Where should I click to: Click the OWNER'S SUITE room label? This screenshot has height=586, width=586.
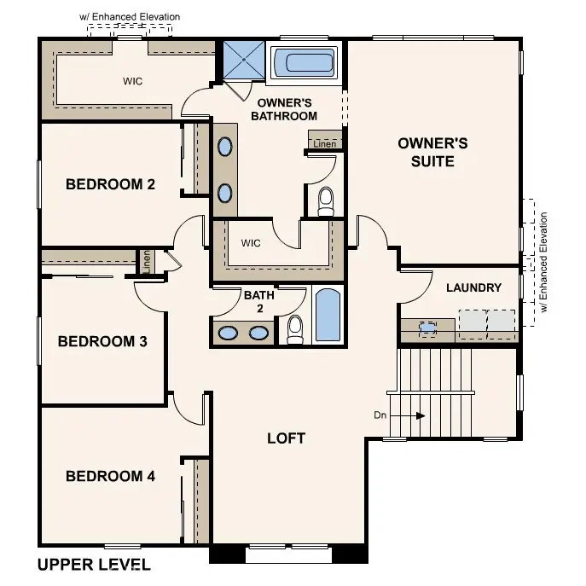[x=432, y=152]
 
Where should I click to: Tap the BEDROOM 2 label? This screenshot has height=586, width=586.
[x=110, y=183]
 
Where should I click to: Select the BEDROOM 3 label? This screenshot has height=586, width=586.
[x=102, y=341]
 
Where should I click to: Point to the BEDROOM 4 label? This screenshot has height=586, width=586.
[x=110, y=476]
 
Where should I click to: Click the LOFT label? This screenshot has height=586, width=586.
[x=286, y=438]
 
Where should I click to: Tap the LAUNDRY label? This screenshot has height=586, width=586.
[x=473, y=287]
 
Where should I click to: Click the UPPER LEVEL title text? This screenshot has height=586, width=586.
[x=94, y=565]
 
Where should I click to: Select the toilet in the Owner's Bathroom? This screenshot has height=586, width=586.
[x=325, y=201]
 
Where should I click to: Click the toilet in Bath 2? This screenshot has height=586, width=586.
[x=295, y=329]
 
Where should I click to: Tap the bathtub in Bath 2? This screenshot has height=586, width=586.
[x=328, y=316]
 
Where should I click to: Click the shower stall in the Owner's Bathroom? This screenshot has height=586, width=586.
[x=243, y=59]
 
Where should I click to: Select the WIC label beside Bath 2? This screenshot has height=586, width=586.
[x=251, y=243]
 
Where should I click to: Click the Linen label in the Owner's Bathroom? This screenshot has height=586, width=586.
[x=324, y=144]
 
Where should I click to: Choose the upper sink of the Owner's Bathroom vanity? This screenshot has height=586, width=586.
[x=224, y=148]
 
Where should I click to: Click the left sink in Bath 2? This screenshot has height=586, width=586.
[x=228, y=333]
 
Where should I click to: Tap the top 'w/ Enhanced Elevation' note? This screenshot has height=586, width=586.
[x=130, y=16]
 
